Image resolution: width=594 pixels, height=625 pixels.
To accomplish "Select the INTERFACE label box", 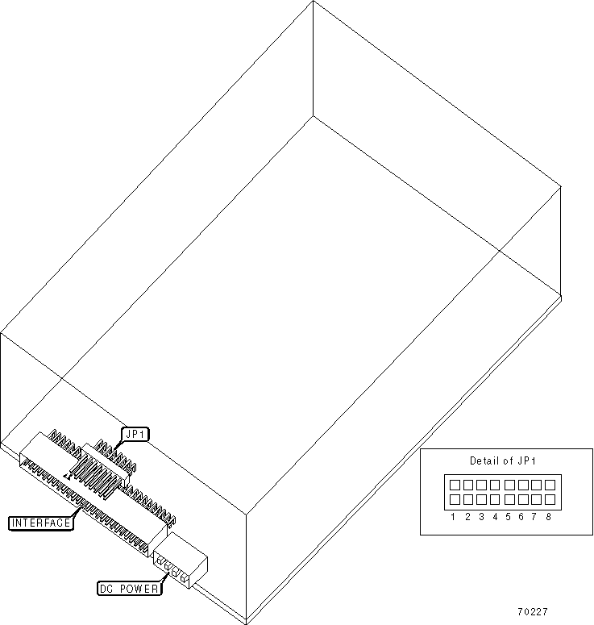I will (41, 523).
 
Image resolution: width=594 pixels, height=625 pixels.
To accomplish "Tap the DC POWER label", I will (128, 589).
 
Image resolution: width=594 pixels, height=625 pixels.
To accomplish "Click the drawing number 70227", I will (533, 612).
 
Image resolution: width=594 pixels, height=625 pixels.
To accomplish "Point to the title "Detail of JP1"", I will (503, 461).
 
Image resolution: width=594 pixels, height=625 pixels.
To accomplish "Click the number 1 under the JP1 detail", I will (455, 516).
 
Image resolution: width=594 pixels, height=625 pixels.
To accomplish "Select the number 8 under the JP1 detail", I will (548, 516).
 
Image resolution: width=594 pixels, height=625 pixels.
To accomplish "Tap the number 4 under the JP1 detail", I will (495, 516).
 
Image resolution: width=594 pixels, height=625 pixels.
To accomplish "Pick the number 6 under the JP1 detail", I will (521, 516).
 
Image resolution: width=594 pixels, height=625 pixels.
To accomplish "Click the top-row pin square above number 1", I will (455, 485).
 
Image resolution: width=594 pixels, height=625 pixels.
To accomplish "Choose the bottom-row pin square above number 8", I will (549, 499).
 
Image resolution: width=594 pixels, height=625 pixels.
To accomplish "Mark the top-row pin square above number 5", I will (509, 485).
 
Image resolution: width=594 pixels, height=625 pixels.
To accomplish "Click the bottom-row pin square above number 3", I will (482, 499).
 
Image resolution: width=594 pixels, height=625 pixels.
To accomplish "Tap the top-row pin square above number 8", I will (549, 485).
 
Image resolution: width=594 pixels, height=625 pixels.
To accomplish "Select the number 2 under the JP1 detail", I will (468, 516).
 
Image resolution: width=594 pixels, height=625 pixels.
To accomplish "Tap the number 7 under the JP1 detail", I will (534, 516).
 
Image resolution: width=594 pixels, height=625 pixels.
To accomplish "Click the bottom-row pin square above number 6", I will (522, 499).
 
